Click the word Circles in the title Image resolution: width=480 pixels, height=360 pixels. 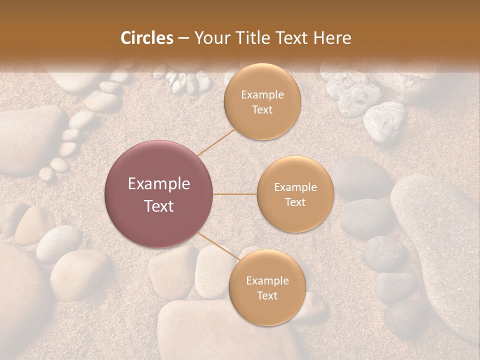tap(147, 38)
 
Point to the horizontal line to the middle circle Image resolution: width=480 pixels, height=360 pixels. tap(235, 194)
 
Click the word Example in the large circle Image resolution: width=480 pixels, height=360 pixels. tap(159, 184)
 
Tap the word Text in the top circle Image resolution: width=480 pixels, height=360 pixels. tap(262, 110)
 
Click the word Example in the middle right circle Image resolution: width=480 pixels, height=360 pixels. tap(295, 187)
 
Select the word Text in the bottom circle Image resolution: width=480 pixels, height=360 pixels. tap(267, 296)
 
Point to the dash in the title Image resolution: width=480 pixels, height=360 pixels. tap(183, 38)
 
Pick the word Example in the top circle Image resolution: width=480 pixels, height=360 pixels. tap(262, 95)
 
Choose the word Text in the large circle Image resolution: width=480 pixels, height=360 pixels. tap(159, 206)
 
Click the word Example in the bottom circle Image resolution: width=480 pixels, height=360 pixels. tap(267, 281)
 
